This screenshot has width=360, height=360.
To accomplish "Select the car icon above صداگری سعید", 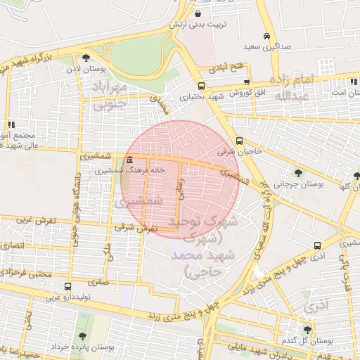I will click(x=266, y=37).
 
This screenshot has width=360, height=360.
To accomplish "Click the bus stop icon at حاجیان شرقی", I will click(x=240, y=140).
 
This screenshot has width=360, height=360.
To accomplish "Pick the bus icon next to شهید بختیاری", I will click(x=202, y=86).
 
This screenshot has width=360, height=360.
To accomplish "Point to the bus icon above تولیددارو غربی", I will click(x=67, y=286).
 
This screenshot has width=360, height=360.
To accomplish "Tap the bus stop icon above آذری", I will click(x=319, y=246).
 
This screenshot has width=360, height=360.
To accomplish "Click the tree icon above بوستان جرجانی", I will click(x=299, y=172).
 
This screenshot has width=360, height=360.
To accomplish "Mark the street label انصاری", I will click(x=13, y=245).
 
